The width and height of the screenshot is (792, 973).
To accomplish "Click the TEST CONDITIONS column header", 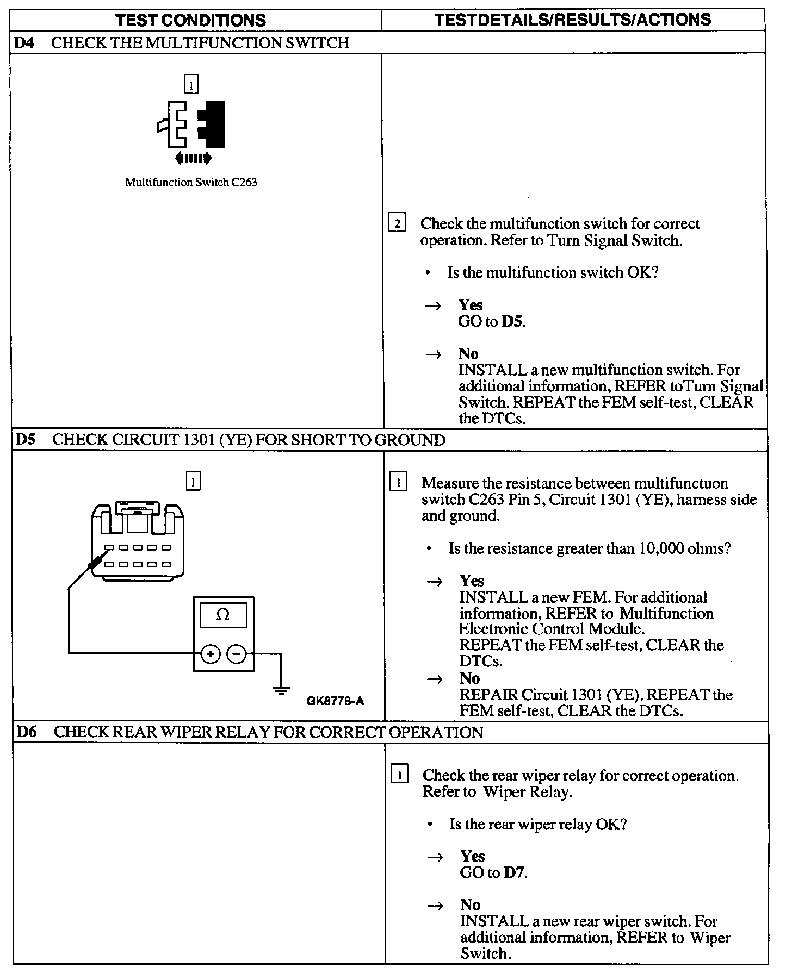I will (x=191, y=21).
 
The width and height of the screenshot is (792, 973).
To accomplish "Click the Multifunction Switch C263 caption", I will (x=191, y=183).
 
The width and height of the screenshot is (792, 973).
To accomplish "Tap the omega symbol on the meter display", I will (x=223, y=615).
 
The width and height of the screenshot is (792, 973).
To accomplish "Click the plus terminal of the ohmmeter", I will (x=210, y=653).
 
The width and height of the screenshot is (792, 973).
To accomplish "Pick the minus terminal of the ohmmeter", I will (x=236, y=653).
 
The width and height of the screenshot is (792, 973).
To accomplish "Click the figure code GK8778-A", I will (x=335, y=701).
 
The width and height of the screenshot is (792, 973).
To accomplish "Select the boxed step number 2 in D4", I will (x=397, y=223).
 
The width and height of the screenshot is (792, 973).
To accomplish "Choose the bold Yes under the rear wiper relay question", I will (x=472, y=857).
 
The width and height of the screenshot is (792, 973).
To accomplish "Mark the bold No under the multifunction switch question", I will (x=468, y=354).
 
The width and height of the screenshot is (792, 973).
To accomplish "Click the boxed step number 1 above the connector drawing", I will (x=193, y=481).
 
